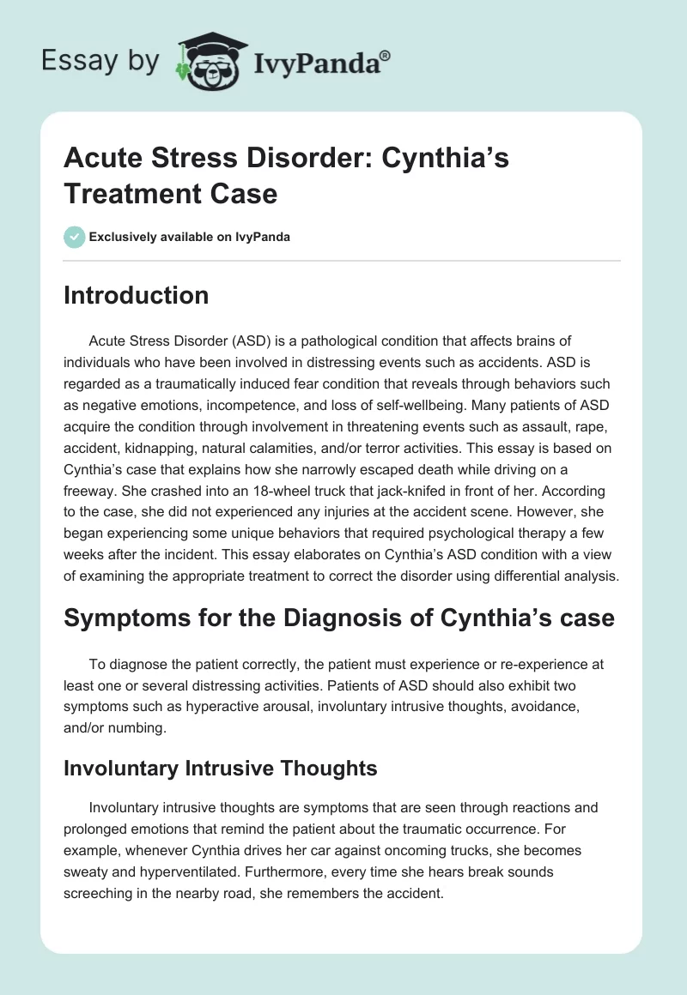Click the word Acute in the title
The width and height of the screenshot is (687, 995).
(100, 160)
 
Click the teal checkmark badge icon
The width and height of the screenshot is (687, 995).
(74, 237)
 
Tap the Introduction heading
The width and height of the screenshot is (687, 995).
(136, 296)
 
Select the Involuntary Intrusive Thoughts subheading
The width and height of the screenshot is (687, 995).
(221, 768)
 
